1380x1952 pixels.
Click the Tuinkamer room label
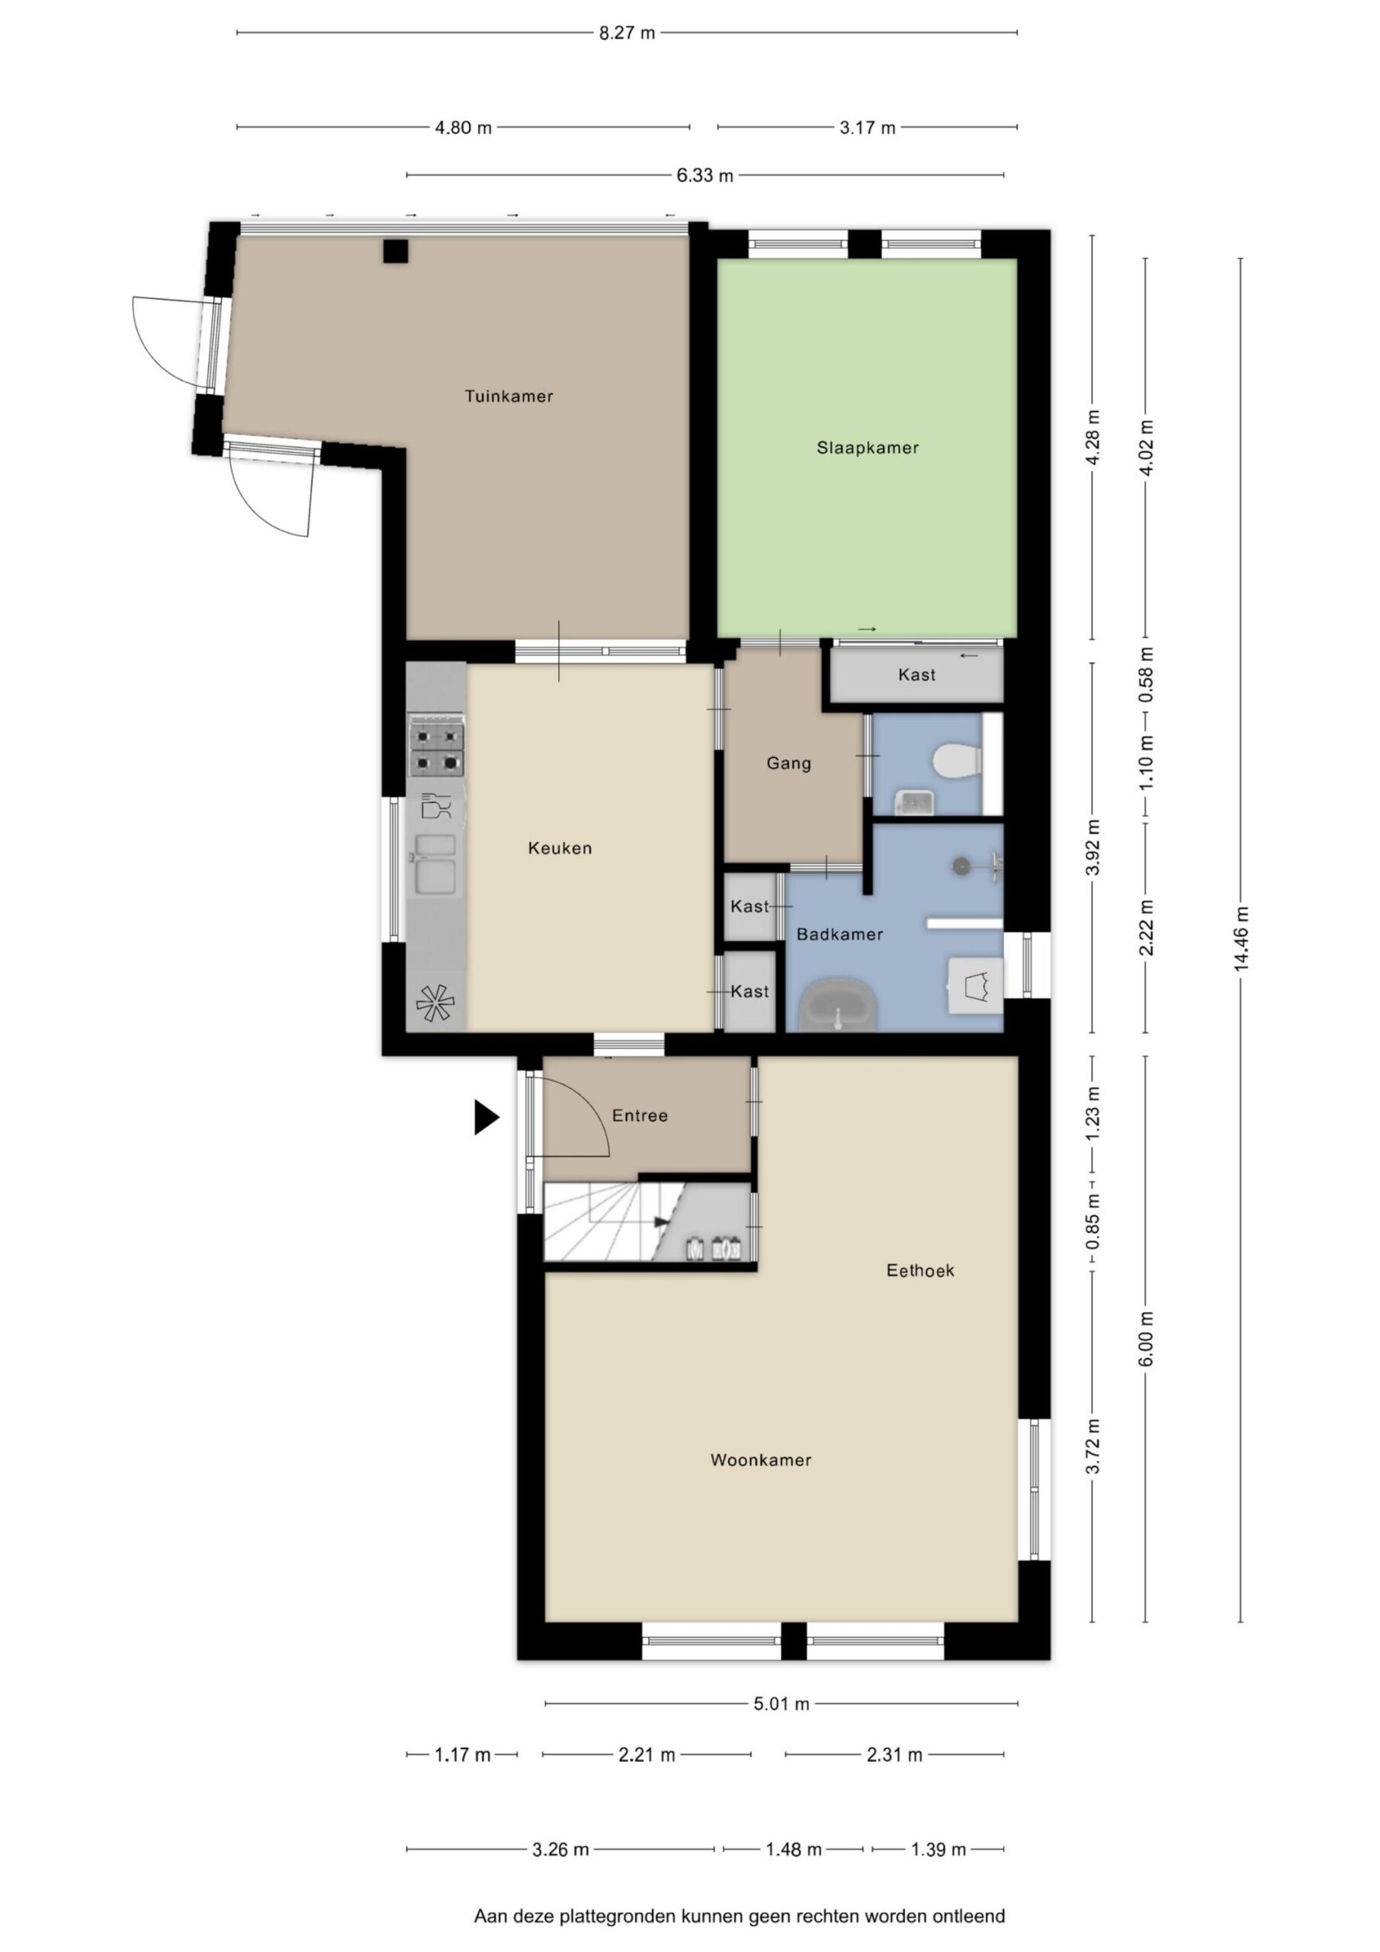(x=509, y=396)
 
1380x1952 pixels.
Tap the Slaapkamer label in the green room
(x=868, y=448)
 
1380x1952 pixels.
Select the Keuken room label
(x=560, y=849)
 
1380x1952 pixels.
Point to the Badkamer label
(x=839, y=934)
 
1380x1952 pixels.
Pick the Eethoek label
(x=920, y=1271)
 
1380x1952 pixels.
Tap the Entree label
(x=640, y=1116)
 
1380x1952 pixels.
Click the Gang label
(x=788, y=763)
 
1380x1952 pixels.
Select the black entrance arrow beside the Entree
(x=486, y=1117)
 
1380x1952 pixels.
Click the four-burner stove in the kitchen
(x=437, y=747)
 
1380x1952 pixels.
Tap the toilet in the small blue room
(x=958, y=761)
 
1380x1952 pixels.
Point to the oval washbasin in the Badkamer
(x=839, y=1007)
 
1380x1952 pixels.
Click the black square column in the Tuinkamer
(x=396, y=251)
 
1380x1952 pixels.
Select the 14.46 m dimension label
(x=1241, y=939)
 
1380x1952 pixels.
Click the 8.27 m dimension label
(x=627, y=33)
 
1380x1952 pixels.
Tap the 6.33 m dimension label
(x=705, y=176)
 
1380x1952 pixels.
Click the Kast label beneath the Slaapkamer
(x=916, y=675)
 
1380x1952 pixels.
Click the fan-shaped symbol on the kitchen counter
(x=435, y=1003)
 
